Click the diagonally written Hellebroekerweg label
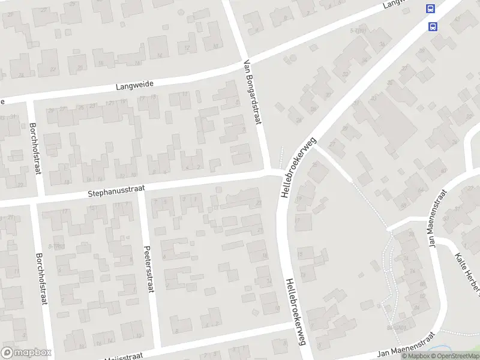(x=298, y=167)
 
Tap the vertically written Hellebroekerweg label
(x=293, y=313)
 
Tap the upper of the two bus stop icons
(x=430, y=8)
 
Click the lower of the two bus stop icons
(x=433, y=26)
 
